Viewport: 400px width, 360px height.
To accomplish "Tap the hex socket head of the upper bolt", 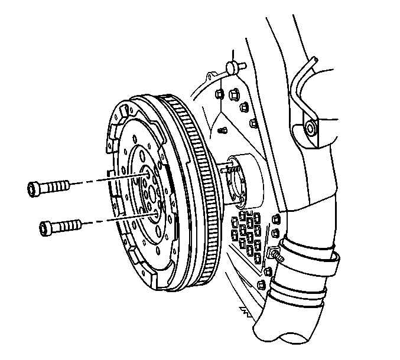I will pyautogui.click(x=33, y=189).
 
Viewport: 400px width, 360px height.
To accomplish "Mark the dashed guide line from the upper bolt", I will pyautogui.click(x=106, y=178).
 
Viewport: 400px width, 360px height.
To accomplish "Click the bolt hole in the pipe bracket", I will pyautogui.click(x=310, y=127).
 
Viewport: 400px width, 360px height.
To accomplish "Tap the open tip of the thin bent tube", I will pyautogui.click(x=315, y=58).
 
